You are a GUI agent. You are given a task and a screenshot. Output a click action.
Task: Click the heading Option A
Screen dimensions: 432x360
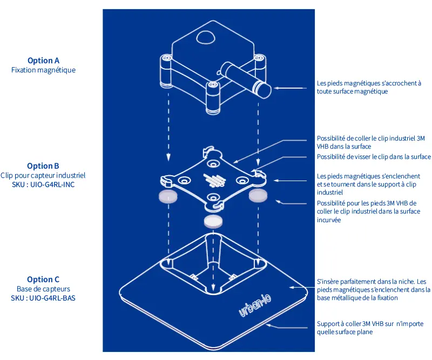coord(43,61)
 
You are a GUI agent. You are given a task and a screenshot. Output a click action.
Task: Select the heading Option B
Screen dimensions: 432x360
coord(43,166)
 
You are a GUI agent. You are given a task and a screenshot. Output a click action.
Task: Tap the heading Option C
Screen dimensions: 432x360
coord(43,279)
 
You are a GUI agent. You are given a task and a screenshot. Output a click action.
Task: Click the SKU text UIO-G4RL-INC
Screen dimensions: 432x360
coord(52,184)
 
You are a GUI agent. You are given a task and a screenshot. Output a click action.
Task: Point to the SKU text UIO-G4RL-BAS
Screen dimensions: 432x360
coord(52,298)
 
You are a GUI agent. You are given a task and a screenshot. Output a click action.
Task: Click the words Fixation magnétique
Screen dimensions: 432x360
coord(43,70)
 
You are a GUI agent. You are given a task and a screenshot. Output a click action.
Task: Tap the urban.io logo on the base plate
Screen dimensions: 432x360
coord(255,305)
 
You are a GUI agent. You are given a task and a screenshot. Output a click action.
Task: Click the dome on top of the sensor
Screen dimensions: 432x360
coord(206,37)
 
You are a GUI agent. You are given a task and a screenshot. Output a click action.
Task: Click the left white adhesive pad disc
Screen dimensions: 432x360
coord(168,196)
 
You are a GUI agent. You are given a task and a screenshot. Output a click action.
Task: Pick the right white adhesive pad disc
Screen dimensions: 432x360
coord(258,196)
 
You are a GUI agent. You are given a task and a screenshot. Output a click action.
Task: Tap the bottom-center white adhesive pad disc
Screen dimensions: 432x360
coord(213,221)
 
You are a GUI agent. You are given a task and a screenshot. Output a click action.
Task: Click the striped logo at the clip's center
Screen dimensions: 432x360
coord(214,181)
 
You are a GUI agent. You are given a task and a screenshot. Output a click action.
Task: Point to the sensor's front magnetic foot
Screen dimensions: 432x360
coord(213,97)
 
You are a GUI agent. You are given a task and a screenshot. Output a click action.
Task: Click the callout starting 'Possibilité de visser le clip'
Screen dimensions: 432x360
coord(374,157)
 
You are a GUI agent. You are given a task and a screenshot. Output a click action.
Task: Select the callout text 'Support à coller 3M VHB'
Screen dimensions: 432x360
coord(370,328)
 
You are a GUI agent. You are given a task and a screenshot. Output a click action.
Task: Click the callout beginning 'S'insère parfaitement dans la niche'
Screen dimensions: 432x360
coord(374,290)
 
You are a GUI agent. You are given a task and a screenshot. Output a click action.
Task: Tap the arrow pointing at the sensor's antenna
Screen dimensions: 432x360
coord(290,88)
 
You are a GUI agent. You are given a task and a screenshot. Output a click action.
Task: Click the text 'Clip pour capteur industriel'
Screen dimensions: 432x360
coord(43,176)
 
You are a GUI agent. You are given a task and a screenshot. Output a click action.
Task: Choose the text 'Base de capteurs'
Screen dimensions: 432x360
coord(43,289)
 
